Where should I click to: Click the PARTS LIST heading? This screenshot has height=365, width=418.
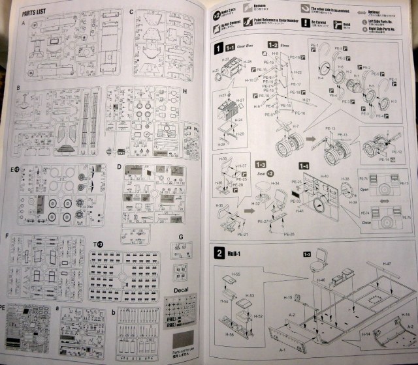coord(35,12)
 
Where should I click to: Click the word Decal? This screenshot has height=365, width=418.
coord(182,290)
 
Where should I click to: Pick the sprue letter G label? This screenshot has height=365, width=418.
coord(180,237)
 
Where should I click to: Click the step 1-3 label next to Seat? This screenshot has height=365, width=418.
coord(261,164)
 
